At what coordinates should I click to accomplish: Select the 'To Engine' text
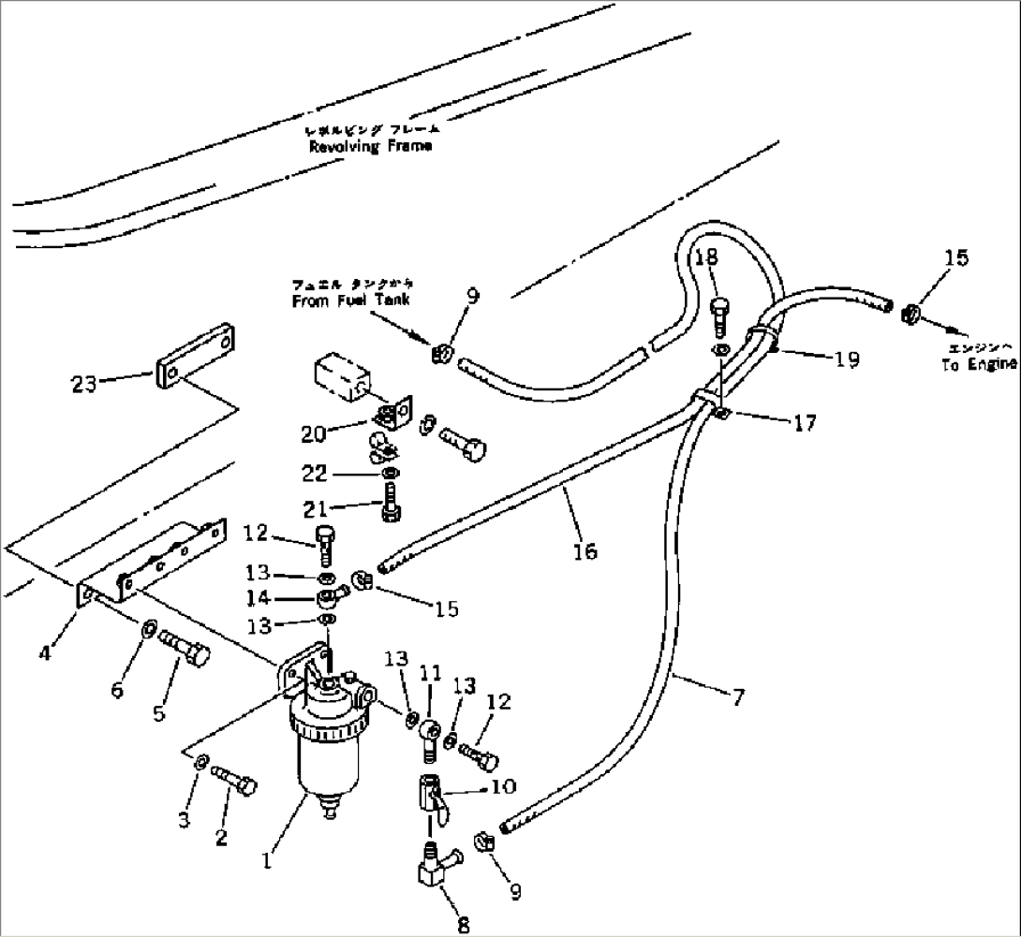[979, 365]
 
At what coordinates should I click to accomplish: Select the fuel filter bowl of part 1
[320, 758]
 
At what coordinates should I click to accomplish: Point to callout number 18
[706, 257]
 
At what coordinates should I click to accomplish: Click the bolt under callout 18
[719, 316]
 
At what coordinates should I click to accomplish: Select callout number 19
[847, 360]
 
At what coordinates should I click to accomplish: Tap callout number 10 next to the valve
[503, 787]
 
